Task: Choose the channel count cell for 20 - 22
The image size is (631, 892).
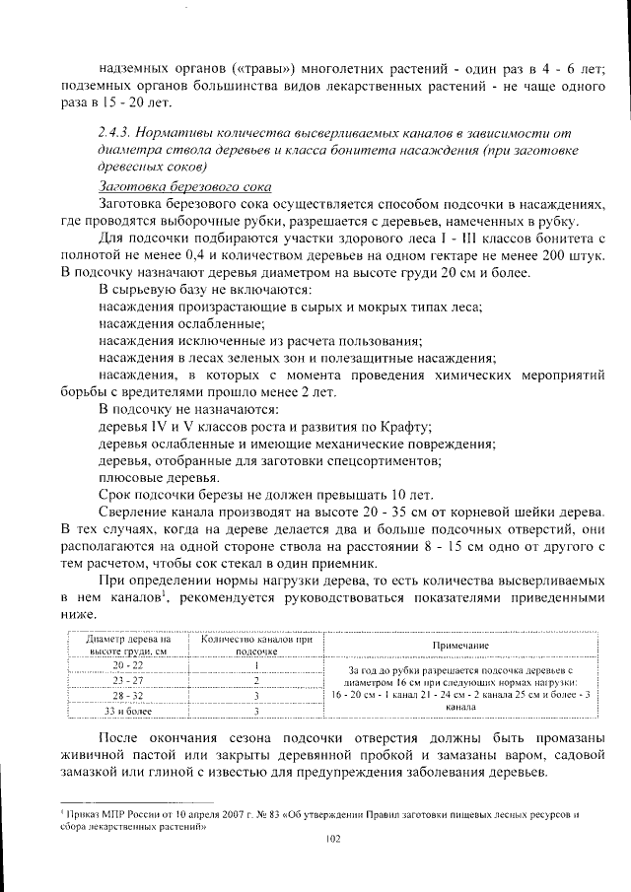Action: pos(255,666)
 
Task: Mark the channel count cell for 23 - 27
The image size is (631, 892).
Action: pos(255,680)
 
